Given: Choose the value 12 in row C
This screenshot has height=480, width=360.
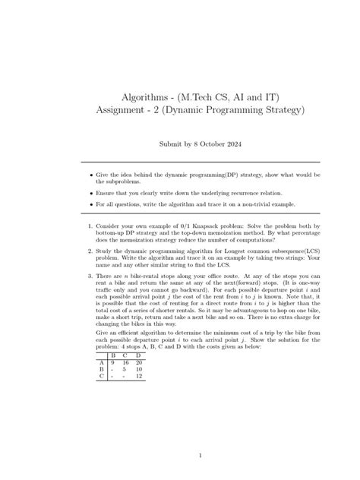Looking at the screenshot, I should click(139, 376).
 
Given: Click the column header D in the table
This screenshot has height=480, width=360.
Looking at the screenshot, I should click(138, 355).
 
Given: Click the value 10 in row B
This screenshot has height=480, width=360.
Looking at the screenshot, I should click(139, 369).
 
